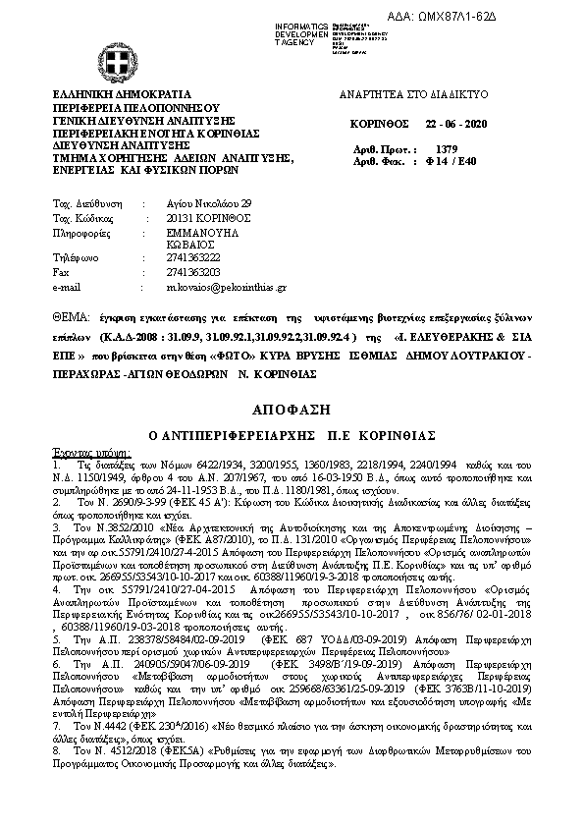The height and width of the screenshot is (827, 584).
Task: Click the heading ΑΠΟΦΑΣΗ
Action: (291, 407)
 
